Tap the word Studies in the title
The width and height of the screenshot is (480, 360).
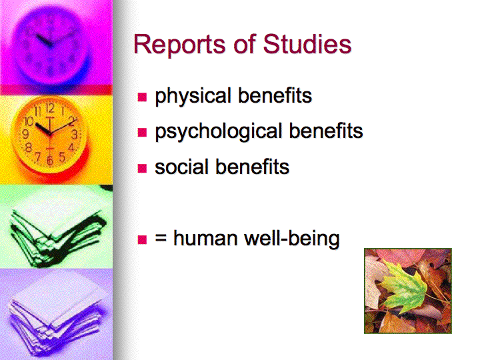307,44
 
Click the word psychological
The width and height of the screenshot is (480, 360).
218,132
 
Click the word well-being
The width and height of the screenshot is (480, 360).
292,239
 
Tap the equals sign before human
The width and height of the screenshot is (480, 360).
161,238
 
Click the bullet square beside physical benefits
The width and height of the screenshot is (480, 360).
142,97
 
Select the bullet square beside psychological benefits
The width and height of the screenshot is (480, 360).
142,132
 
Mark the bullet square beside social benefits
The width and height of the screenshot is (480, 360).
142,168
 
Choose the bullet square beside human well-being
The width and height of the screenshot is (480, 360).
142,239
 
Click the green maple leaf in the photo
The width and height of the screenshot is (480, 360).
404,285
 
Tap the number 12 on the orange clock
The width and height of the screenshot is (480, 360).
50,108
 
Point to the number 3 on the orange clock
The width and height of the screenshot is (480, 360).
75,135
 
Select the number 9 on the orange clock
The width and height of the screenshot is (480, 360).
26,134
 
